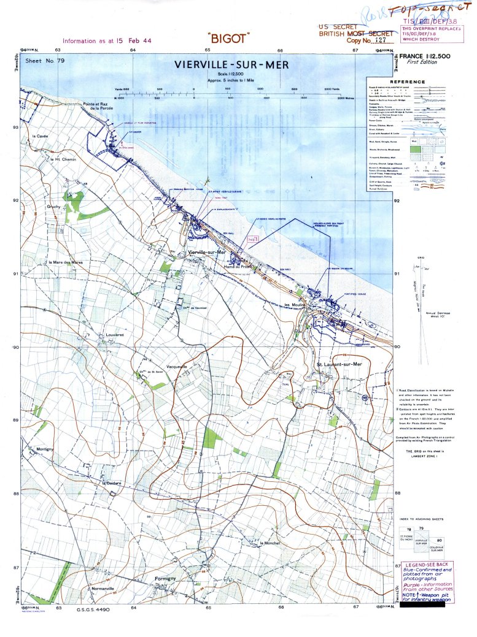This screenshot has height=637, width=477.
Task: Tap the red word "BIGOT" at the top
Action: click(x=228, y=38)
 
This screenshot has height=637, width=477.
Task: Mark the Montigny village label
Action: click(x=45, y=449)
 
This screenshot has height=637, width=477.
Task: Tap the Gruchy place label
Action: click(x=54, y=207)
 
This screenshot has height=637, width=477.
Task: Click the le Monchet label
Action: click(x=270, y=543)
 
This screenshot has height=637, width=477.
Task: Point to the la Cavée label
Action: click(x=40, y=135)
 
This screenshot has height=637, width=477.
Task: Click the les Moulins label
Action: click(x=294, y=305)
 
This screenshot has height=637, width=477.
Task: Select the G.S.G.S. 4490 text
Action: click(x=93, y=610)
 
